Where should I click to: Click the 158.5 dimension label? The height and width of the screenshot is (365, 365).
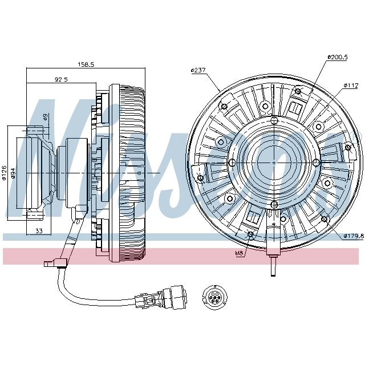(x=86, y=65)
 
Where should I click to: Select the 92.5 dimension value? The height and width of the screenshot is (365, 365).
(x=61, y=79)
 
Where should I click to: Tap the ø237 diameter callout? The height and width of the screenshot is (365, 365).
(x=198, y=71)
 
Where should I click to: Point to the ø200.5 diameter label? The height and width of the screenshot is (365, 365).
(x=338, y=58)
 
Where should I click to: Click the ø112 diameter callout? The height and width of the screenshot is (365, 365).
(x=351, y=86)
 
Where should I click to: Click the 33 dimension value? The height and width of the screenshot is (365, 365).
(x=39, y=231)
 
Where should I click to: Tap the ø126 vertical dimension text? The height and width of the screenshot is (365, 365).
(x=5, y=173)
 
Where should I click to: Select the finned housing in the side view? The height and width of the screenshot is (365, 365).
(x=130, y=171)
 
